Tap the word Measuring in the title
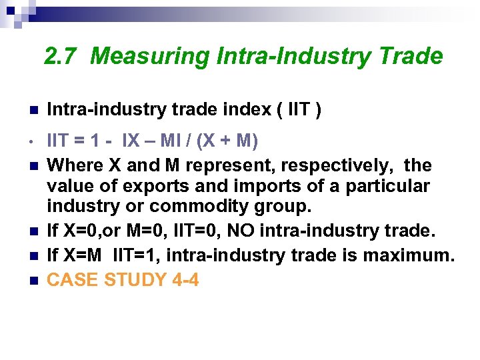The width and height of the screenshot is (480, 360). coord(151,57)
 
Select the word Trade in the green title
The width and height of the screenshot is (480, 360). coord(411,57)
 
